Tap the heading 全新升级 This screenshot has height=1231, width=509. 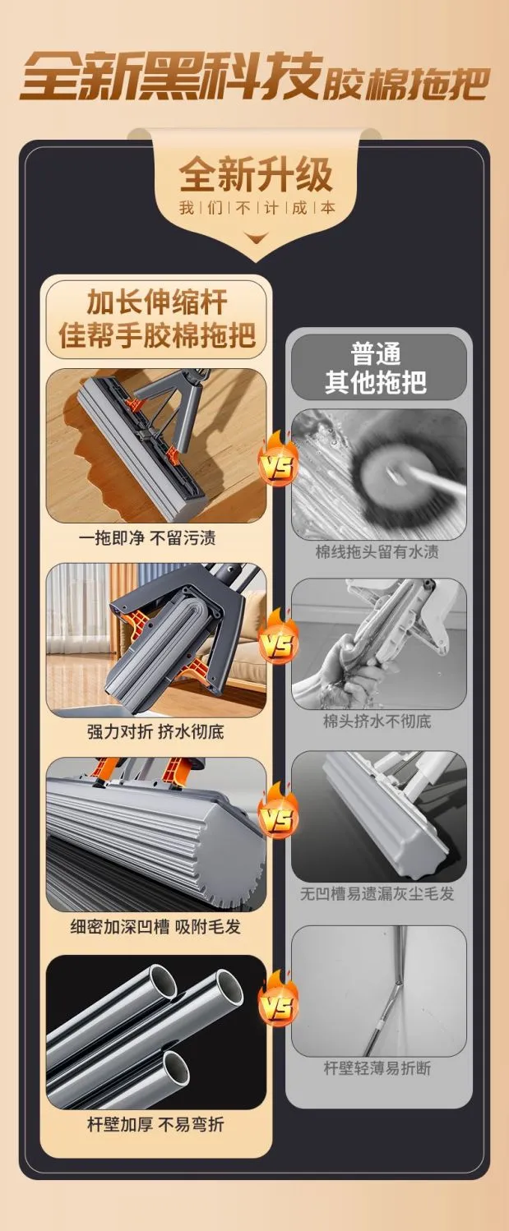[x=256, y=175]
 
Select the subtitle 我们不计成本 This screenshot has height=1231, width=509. [x=257, y=208]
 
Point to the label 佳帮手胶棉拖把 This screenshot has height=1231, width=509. [x=157, y=334]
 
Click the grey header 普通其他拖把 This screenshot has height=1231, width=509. [x=376, y=367]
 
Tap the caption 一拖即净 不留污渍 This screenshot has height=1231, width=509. [x=147, y=537]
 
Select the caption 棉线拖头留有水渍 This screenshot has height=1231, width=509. [x=377, y=551]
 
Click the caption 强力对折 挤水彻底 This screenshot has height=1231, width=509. [x=155, y=731]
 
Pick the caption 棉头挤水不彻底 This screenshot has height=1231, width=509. [x=377, y=721]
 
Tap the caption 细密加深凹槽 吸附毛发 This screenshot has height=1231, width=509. [x=155, y=927]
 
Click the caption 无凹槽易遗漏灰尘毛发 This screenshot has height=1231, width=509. [x=377, y=893]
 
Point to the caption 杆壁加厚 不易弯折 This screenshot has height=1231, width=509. [x=155, y=1124]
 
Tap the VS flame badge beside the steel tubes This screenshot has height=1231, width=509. [x=279, y=1002]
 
